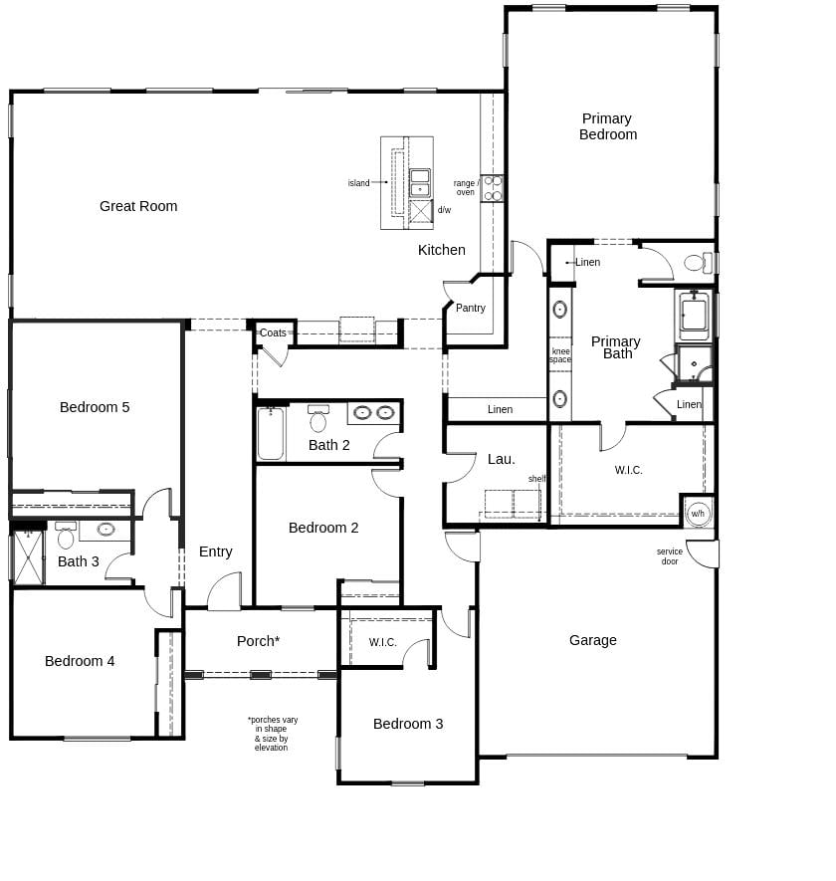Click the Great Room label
tap(138, 206)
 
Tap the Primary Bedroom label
tap(607, 126)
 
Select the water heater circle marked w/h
tap(698, 514)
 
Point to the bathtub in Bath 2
tap(271, 434)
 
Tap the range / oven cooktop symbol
tap(492, 188)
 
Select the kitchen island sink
tap(420, 183)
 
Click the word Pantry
tap(471, 308)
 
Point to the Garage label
tap(593, 640)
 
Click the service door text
tap(670, 556)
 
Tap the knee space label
tap(560, 355)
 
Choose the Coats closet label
tap(273, 333)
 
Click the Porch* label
tap(258, 641)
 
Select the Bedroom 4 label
tap(80, 661)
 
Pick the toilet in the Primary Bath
tap(696, 263)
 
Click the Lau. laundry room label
tap(502, 459)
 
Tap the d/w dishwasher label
tap(444, 210)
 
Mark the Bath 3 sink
tap(105, 530)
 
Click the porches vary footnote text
tap(272, 734)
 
